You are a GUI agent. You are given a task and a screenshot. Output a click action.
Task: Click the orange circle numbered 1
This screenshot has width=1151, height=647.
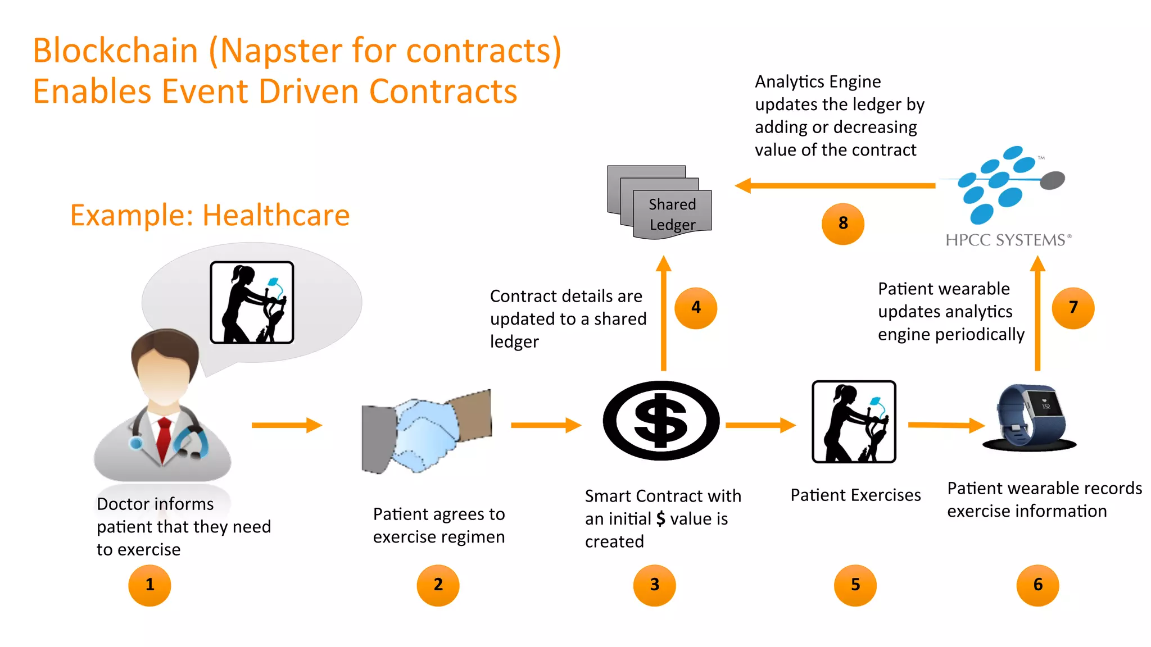pos(149,585)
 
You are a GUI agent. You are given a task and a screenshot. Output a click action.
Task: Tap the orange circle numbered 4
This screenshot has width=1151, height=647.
pos(696,308)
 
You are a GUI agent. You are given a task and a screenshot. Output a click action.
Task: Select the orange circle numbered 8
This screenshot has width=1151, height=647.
pos(842,224)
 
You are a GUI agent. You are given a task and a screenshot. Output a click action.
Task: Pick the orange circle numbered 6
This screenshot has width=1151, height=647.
pos(1037,585)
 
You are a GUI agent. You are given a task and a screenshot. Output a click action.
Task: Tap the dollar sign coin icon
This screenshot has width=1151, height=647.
pos(661,421)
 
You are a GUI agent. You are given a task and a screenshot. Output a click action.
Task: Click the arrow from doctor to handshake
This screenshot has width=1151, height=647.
pos(287,425)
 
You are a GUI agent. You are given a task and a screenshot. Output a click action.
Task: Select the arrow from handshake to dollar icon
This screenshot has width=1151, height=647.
pos(546,425)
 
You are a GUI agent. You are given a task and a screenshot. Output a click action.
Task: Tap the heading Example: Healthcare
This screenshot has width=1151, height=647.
pos(210,215)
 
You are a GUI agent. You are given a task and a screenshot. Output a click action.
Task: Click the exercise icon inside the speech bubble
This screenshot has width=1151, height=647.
pos(252,302)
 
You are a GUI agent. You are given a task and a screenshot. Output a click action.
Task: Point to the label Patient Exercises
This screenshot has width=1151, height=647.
pos(855,495)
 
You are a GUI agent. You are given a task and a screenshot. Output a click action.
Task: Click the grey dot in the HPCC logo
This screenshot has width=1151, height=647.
pos(1052,180)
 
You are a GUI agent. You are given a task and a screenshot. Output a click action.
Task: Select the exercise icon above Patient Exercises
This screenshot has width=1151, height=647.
pos(854,422)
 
